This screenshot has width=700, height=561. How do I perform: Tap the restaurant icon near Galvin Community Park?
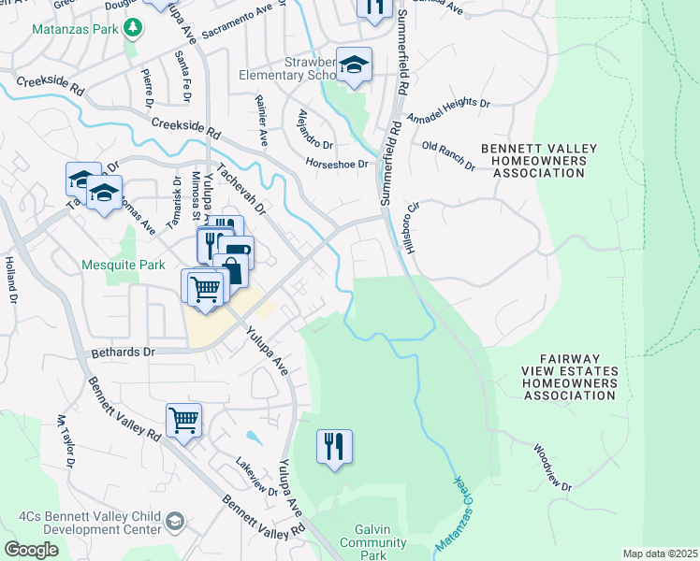334,447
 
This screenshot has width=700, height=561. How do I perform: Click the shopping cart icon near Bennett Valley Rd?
184,420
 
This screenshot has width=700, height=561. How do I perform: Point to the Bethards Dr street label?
122,353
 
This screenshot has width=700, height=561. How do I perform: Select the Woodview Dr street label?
552,467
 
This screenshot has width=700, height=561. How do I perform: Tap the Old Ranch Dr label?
448,155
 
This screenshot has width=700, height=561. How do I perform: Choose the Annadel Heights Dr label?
447,110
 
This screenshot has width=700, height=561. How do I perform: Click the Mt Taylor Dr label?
66,441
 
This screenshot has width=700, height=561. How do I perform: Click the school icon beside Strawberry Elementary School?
355,65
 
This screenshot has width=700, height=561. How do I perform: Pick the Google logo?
30,550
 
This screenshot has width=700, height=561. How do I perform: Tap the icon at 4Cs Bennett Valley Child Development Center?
174,521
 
